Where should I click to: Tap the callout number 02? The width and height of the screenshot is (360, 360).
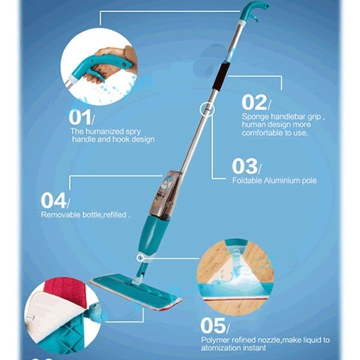tap(253, 102)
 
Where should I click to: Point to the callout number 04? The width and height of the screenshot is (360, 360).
tap(53, 200)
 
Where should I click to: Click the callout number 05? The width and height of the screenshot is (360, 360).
tap(212, 326)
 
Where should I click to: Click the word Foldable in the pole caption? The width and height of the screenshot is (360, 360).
tap(247, 180)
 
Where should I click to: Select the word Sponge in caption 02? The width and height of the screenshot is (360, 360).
tap(256, 116)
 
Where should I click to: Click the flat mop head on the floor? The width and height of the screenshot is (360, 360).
tap(135, 292)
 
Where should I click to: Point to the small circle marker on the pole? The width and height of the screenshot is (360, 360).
tap(206, 109)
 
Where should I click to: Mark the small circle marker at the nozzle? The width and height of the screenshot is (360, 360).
tap(141, 258)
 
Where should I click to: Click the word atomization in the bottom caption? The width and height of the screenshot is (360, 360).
tap(227, 348)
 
